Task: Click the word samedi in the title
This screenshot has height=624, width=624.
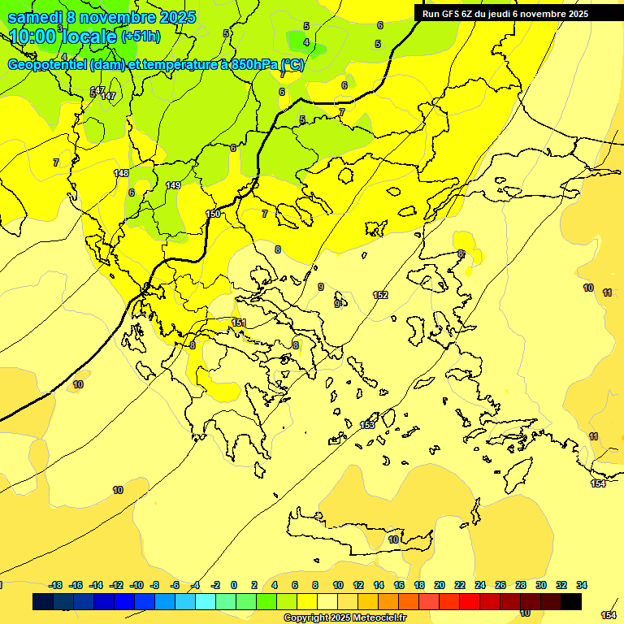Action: (36, 17)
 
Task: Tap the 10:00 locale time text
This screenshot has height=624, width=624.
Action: (62, 37)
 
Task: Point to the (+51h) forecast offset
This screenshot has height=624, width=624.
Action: (141, 37)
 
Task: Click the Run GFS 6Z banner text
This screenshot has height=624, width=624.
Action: (505, 14)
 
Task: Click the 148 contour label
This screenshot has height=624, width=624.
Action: (121, 173)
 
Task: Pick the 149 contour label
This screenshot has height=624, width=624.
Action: (173, 186)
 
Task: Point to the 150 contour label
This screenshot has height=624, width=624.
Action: (213, 214)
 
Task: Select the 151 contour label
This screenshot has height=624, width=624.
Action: (239, 323)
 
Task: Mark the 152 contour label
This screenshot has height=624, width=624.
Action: (380, 295)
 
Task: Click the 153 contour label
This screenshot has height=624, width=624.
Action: (367, 425)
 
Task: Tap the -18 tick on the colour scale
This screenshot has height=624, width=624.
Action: (55, 585)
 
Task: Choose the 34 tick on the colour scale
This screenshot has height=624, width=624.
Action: (581, 585)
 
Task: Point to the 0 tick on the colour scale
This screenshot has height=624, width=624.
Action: (234, 585)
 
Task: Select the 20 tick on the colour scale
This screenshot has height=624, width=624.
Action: (440, 585)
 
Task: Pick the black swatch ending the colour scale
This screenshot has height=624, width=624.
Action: (570, 602)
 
